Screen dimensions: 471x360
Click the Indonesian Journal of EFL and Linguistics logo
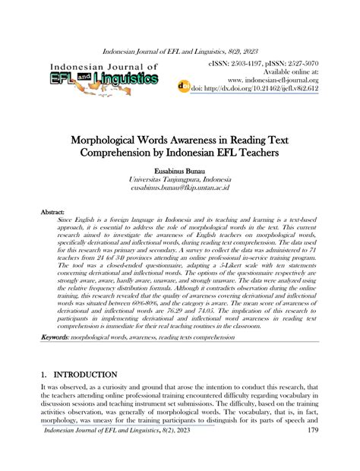[x=105, y=77]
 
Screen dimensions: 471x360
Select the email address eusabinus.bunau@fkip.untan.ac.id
[x=180, y=187]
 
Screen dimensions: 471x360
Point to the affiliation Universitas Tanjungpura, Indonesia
[x=180, y=178]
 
